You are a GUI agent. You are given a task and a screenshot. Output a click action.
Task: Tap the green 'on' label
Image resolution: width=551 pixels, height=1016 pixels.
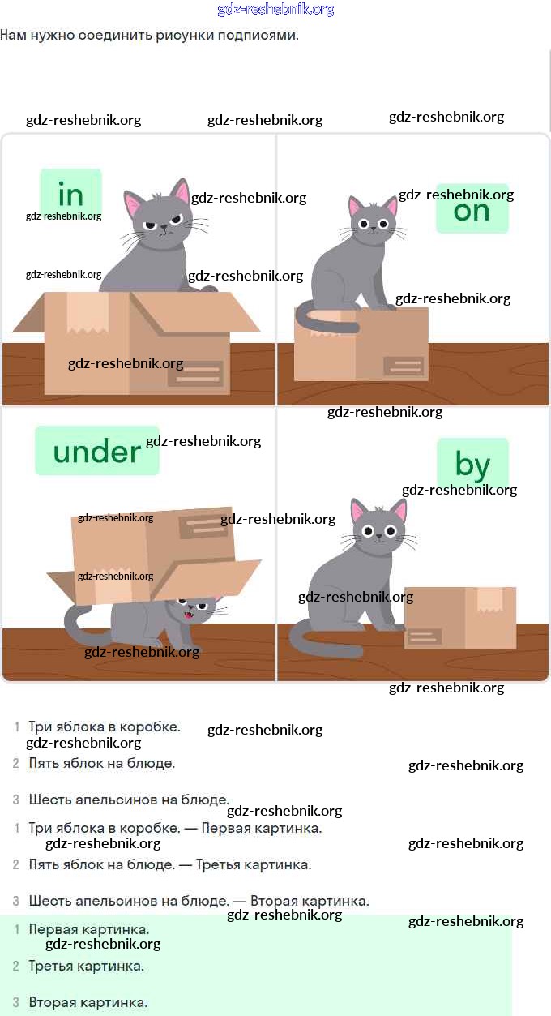coord(472,209)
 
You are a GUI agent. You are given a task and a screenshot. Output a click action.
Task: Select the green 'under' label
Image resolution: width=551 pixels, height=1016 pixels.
coord(97,451)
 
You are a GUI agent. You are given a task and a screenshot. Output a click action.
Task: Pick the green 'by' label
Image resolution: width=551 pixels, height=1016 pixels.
coord(472,464)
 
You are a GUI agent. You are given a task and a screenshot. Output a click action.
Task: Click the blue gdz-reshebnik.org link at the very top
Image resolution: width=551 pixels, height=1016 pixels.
coord(275,9)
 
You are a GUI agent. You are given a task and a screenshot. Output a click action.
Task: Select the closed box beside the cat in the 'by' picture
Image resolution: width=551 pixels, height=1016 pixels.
coord(460,618)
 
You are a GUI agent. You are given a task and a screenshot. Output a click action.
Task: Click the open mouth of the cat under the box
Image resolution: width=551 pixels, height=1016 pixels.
coord(188,615)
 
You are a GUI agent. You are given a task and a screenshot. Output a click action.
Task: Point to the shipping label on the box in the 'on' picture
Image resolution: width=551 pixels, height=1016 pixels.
coord(404,366)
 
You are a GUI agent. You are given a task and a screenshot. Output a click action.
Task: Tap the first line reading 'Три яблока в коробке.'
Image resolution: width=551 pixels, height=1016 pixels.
coord(105,727)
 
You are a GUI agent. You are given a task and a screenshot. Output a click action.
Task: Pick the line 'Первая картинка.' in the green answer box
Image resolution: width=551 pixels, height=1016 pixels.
coord(89,929)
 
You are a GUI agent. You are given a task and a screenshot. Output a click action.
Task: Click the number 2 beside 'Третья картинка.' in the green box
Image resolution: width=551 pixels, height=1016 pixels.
coord(16,966)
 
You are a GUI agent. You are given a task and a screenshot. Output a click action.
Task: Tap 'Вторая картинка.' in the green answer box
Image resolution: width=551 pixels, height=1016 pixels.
coord(88,1002)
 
